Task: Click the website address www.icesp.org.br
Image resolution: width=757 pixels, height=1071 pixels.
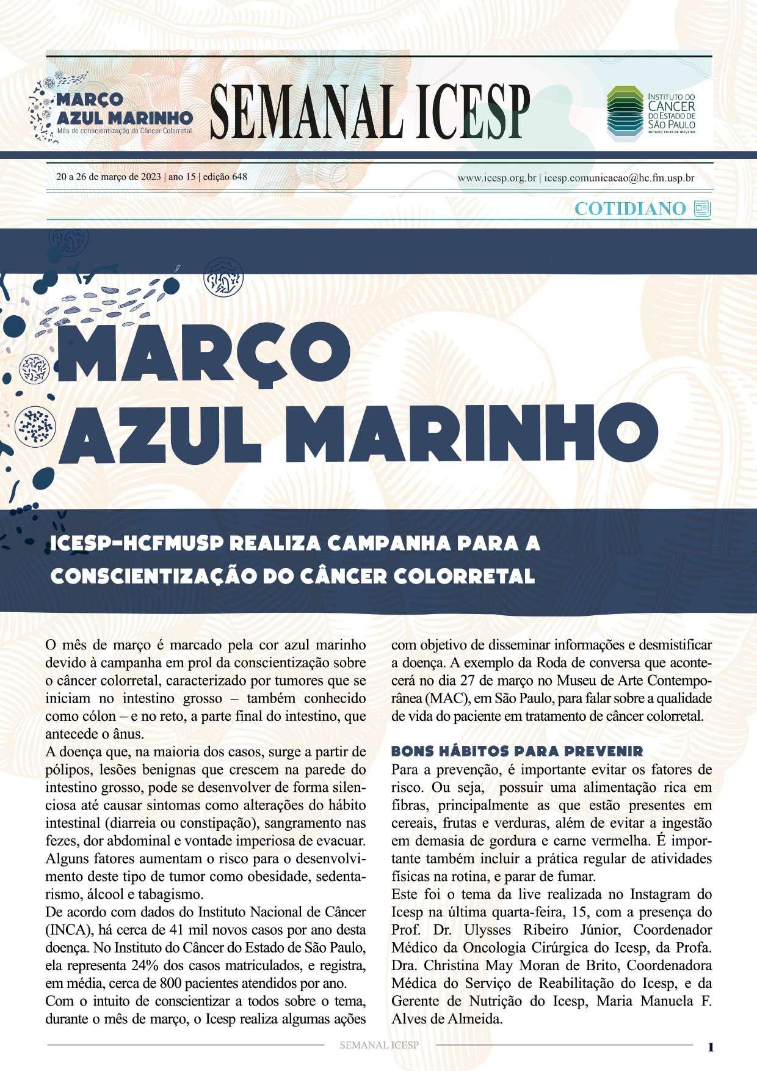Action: pos(496,178)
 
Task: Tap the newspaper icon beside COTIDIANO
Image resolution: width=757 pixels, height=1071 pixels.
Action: pos(702,209)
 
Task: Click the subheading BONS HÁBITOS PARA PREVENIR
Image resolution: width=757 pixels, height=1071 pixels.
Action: pos(516,750)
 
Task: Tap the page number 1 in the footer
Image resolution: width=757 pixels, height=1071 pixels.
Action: pos(710,1046)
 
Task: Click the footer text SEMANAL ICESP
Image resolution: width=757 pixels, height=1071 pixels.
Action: pos(378,1045)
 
